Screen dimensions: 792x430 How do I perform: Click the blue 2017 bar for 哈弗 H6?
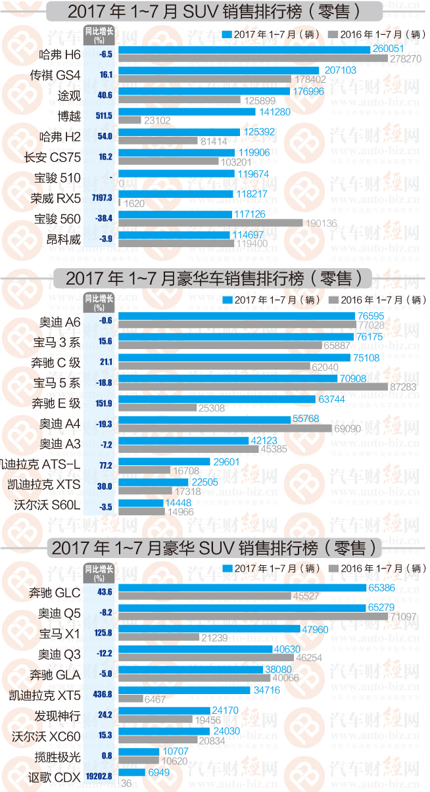click(x=244, y=49)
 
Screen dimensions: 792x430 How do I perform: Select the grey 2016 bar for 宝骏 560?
click(x=210, y=223)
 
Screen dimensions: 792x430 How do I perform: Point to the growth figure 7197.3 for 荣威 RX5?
click(x=103, y=198)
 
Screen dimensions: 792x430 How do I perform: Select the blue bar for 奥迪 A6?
click(x=237, y=316)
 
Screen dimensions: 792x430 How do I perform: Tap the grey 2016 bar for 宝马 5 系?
click(x=253, y=387)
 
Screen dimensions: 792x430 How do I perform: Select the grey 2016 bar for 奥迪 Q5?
click(x=253, y=617)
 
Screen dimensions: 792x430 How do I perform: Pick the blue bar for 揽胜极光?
click(x=139, y=751)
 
